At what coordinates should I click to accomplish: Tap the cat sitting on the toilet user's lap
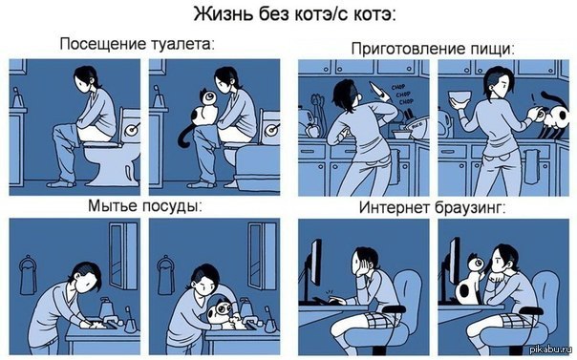(204, 113)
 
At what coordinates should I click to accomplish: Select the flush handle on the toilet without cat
(131, 123)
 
